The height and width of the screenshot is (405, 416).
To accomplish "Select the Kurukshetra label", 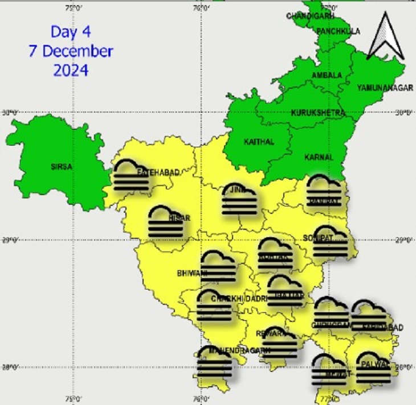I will (x=318, y=113).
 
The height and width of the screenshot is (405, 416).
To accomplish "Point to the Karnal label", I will (x=319, y=156).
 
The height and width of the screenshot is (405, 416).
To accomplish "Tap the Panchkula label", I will (x=339, y=31).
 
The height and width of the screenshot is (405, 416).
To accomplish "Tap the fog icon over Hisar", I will (x=166, y=222).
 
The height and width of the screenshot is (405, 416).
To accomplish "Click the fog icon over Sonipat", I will (x=331, y=242).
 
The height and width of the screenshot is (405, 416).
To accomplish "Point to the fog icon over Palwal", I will (x=373, y=367).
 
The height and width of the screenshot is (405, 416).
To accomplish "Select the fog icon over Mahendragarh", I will (x=214, y=363).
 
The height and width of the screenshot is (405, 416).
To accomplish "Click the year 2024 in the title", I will (x=71, y=70).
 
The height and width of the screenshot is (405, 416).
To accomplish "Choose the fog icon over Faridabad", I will (x=370, y=316).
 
